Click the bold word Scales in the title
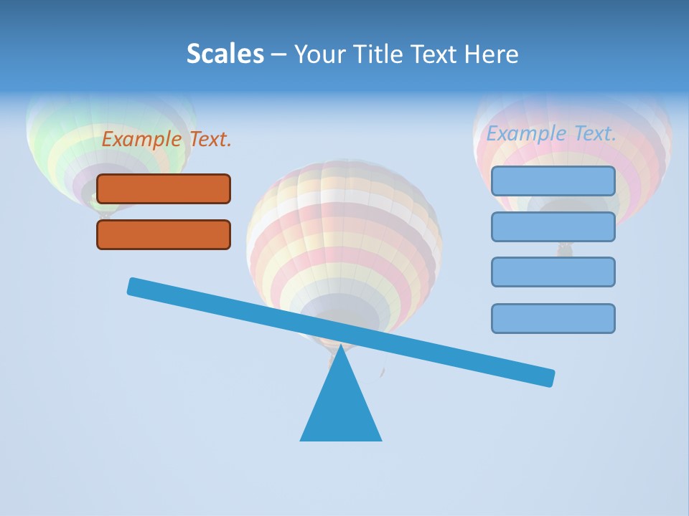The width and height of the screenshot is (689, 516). [225, 54]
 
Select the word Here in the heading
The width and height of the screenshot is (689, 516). [492, 54]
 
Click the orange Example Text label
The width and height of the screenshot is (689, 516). [167, 139]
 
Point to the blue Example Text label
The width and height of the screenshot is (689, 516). [551, 133]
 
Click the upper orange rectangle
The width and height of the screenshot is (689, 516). [164, 188]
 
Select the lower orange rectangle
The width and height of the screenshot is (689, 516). [164, 234]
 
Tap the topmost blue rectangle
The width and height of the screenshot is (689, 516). [553, 181]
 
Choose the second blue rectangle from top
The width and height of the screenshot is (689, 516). [553, 226]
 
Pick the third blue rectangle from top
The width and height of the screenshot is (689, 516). [553, 272]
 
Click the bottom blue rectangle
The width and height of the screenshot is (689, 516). [553, 318]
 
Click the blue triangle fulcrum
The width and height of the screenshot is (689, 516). [341, 408]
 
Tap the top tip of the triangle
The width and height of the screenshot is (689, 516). [341, 348]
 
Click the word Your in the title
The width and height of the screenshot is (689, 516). [320, 54]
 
